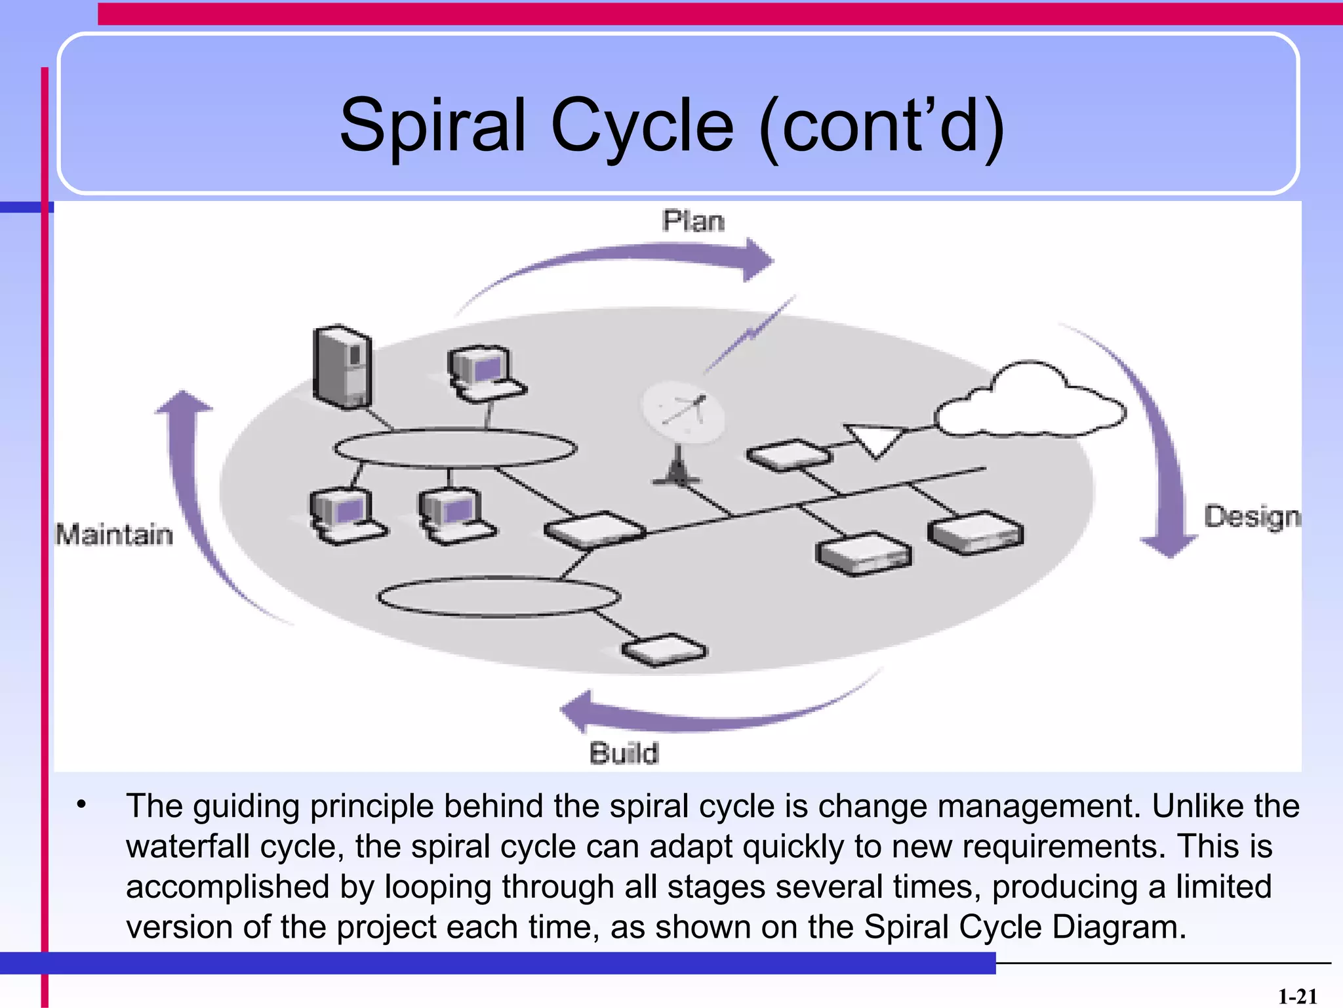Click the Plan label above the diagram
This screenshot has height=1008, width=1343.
click(x=693, y=221)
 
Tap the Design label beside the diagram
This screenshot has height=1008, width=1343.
click(x=1251, y=517)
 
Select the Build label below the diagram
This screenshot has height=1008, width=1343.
click(x=624, y=753)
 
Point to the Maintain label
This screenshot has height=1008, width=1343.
click(x=114, y=534)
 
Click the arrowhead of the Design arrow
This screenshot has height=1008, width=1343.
click(x=1169, y=545)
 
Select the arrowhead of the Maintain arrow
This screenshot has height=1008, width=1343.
click(x=183, y=402)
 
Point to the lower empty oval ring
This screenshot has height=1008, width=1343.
click(x=499, y=597)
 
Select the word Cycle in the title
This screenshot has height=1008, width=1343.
click(x=642, y=126)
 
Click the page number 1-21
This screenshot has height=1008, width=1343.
click(x=1297, y=997)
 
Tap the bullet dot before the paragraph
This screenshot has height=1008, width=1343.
click(x=81, y=805)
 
